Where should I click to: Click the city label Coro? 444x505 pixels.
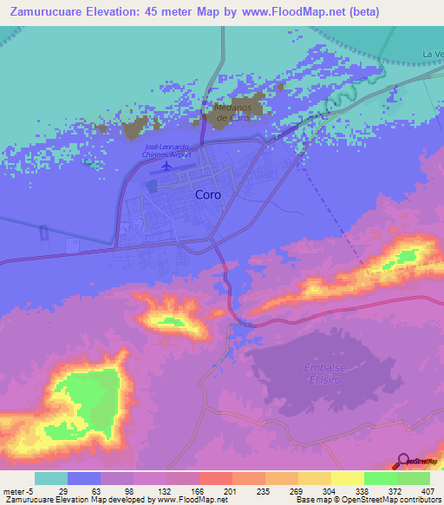[207, 195]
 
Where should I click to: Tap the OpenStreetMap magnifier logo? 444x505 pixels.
[404, 462]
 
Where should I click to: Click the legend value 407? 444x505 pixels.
[428, 492]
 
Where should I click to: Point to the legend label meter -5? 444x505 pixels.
[17, 492]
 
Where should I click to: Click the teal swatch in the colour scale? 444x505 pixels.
[50, 478]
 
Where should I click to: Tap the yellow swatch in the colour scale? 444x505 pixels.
[347, 478]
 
